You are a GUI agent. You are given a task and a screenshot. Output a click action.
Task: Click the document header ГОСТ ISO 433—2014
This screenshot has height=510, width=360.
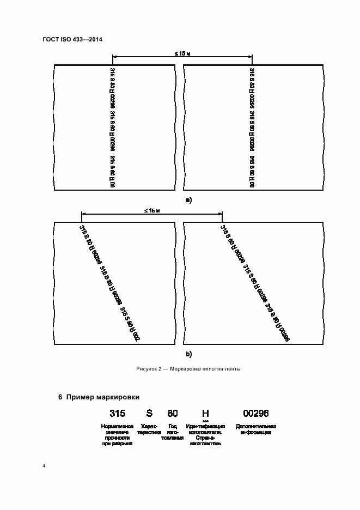[72, 40]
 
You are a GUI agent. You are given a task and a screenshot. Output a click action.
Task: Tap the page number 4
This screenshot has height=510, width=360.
[44, 466]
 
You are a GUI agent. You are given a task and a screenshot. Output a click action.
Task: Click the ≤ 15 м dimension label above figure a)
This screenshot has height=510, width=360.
[182, 53]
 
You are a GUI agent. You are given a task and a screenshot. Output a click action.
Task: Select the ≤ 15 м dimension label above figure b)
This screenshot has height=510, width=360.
[151, 210]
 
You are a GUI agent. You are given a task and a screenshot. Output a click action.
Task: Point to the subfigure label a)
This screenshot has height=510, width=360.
[188, 200]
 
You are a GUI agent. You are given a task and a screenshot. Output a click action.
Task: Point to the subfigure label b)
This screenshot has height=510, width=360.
[189, 354]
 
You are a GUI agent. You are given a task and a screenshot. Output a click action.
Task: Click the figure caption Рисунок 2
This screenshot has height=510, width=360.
[152, 369]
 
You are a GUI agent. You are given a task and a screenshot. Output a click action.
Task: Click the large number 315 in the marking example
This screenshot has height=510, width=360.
[118, 414]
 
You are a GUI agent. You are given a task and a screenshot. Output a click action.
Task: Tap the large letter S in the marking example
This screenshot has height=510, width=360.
[149, 414]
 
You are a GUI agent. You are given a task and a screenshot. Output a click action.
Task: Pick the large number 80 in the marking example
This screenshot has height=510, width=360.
[173, 414]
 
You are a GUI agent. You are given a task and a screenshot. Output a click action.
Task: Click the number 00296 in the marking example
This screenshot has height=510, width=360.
[256, 414]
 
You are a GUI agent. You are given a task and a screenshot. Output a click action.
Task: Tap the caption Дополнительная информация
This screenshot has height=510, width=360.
[255, 429]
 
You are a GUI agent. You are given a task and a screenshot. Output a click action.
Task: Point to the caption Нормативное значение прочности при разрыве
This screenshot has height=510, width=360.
[117, 435]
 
